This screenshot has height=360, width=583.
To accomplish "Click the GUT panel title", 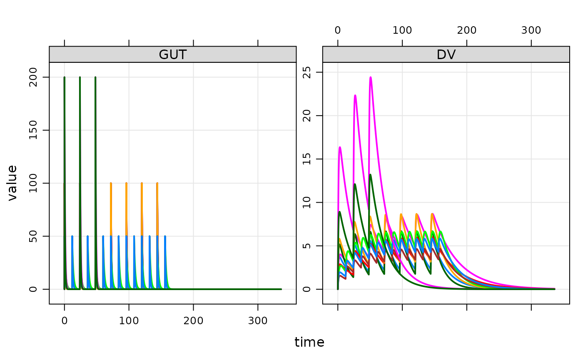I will [172, 55].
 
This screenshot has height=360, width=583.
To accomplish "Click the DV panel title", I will [446, 55].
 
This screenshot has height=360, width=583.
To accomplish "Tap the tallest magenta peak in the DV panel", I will [370, 77].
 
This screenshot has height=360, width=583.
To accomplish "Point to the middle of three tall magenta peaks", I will [355, 96].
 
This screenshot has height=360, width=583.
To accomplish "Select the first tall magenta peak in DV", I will [340, 147].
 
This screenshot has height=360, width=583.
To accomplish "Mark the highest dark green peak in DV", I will [370, 174].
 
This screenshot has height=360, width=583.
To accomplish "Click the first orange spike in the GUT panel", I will [111, 184].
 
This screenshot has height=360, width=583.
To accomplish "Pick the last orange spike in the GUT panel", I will [157, 184].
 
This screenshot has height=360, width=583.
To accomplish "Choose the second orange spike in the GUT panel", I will [126, 184].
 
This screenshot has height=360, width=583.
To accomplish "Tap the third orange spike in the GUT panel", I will [142, 184].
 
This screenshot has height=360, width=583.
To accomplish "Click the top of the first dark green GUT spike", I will [64, 78].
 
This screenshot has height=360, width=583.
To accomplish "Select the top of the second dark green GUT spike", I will [80, 78].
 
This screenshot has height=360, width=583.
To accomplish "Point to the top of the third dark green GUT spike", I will [95, 78].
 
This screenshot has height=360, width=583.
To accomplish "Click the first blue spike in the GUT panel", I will [72, 236].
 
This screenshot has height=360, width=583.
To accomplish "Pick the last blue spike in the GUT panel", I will [165, 236].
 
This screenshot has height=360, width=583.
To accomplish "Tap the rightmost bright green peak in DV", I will [441, 232].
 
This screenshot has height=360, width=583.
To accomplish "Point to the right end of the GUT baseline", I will [282, 289].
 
